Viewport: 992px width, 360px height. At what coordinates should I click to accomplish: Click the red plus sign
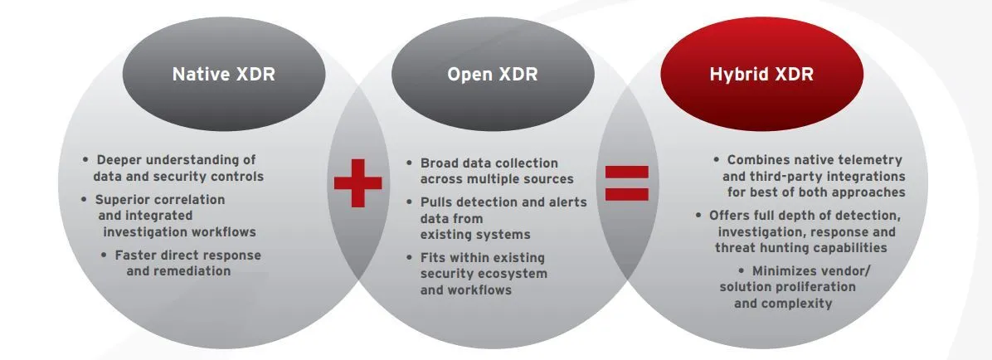358,182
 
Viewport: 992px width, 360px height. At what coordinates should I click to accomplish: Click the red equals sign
626,182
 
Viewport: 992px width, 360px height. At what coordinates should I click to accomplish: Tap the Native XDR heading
223,74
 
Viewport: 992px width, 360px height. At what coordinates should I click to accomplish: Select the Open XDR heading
492,74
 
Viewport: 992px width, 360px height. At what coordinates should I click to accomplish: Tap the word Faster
139,255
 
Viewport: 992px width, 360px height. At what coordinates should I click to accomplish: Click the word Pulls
438,202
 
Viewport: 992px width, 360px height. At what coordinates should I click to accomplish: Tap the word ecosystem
513,274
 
